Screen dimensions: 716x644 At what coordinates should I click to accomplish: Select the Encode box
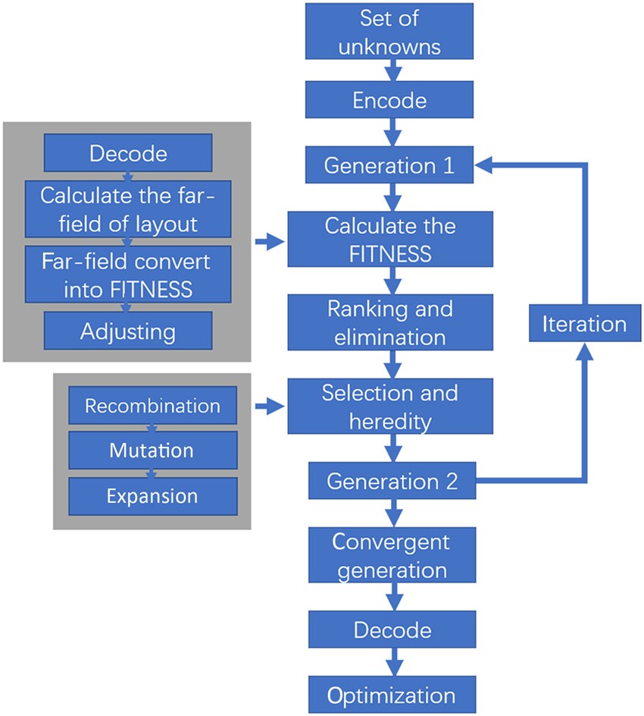click(x=390, y=101)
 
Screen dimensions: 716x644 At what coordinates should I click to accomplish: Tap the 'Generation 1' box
click(x=390, y=166)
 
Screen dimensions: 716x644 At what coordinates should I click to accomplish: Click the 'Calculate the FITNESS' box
click(x=390, y=239)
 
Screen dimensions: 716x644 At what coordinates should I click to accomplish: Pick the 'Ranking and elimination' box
click(x=390, y=322)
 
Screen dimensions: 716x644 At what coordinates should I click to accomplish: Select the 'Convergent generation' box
click(x=390, y=556)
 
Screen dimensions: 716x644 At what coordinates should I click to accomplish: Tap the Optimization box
click(x=390, y=695)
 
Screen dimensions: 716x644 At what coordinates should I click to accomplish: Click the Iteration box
click(x=584, y=324)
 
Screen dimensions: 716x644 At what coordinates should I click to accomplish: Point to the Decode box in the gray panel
click(x=127, y=153)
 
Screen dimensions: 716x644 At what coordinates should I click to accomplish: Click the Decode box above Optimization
click(x=390, y=630)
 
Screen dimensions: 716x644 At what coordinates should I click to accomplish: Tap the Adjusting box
click(x=127, y=331)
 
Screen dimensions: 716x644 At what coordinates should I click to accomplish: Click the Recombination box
click(x=152, y=406)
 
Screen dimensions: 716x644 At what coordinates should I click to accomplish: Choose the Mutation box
click(x=152, y=451)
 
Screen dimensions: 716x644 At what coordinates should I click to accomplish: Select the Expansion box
click(x=152, y=496)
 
